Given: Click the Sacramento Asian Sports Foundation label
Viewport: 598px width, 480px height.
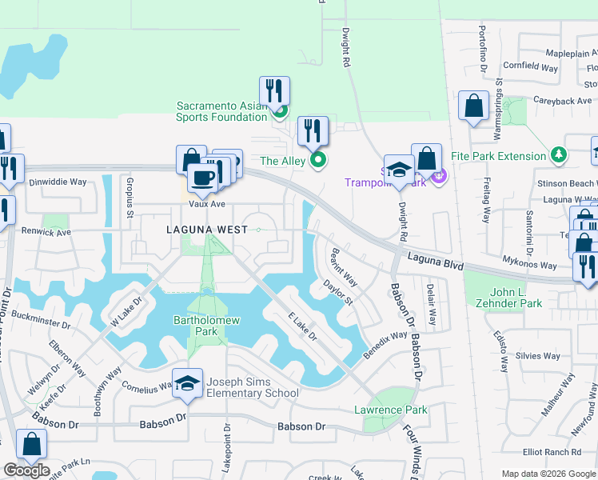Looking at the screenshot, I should click(x=221, y=111).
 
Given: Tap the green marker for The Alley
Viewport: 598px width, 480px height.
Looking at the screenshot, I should click(x=318, y=161).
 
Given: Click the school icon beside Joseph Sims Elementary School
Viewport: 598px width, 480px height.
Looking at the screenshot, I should click(x=188, y=385).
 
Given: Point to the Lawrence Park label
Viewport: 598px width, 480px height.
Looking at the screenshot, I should click(x=391, y=410).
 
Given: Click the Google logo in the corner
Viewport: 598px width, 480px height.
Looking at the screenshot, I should click(x=26, y=470).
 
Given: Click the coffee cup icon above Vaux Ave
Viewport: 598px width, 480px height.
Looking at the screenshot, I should click(x=202, y=178).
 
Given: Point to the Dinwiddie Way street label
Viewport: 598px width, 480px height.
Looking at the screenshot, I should click(x=58, y=182).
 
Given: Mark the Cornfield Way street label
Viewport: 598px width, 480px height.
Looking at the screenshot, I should click(x=530, y=68).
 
